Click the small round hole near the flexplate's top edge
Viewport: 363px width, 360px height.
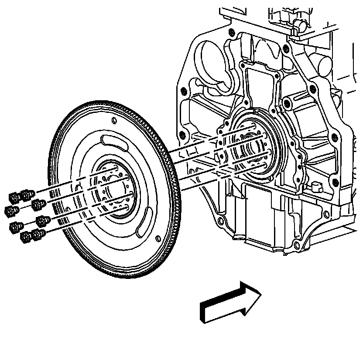(x=114, y=120)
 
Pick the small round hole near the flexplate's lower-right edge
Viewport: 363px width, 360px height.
(x=158, y=238)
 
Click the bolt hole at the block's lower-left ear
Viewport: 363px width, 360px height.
(x=220, y=223)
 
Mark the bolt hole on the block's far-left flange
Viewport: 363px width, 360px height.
(x=183, y=91)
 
